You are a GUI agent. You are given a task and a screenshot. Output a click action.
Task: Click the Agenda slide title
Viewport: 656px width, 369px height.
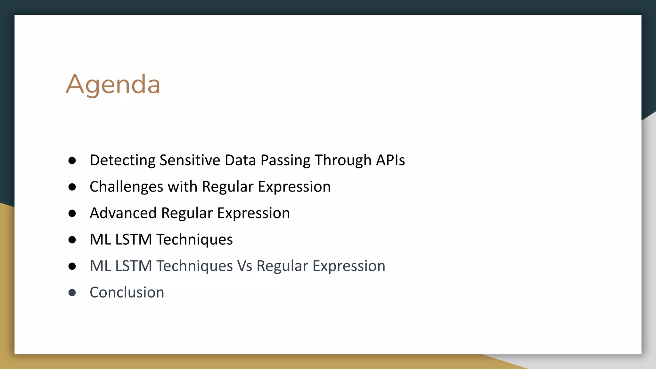tap(113, 85)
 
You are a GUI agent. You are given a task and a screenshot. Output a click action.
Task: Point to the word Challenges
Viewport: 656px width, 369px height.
tap(126, 187)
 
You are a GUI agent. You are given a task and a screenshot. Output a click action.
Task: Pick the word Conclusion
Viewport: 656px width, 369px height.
tap(127, 292)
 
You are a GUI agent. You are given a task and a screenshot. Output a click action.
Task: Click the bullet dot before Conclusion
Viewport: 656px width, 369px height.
tap(72, 292)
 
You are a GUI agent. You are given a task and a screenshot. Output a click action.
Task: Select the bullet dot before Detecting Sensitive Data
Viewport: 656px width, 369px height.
tap(72, 160)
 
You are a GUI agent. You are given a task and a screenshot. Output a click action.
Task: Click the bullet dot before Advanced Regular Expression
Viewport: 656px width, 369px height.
tap(72, 213)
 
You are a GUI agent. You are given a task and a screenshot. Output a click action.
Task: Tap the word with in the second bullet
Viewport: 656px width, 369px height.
tap(182, 187)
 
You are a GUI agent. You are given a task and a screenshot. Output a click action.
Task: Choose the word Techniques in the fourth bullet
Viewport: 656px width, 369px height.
tap(195, 240)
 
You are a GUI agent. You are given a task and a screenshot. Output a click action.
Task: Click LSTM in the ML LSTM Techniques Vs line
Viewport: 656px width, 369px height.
tap(134, 266)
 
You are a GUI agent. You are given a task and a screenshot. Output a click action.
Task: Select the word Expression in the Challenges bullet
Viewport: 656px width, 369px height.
tap(294, 187)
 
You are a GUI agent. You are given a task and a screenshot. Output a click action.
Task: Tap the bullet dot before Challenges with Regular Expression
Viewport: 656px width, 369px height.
tap(72, 187)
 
